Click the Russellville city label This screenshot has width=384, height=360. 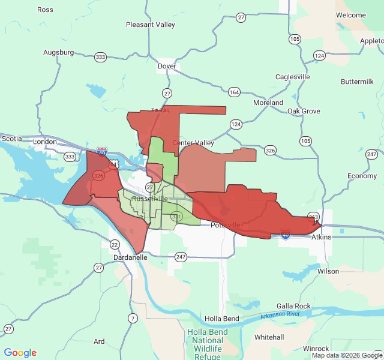149,199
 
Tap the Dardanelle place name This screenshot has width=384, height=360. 131,257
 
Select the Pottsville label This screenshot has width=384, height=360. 226,225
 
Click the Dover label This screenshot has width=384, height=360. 167,67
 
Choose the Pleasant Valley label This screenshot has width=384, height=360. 150,25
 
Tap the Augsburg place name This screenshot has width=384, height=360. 58,52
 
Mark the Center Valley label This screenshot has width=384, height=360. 193,143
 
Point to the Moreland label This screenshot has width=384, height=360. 268,103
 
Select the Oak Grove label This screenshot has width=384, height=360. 304,111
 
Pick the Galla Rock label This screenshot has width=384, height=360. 293,306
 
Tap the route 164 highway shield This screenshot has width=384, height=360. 233,92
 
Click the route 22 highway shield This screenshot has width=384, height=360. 114,244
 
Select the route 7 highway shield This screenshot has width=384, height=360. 132,317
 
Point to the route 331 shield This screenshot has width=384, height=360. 176,216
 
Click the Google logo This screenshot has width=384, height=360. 20,353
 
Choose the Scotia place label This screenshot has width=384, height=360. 11,138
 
